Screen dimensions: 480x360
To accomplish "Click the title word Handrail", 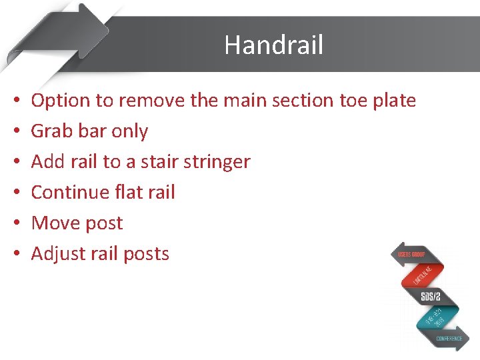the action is tap(273, 45).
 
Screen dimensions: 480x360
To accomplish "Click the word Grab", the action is tap(53, 131).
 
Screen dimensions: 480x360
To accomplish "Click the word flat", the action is tap(128, 193).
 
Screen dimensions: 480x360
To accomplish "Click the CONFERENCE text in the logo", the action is tap(449, 339).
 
